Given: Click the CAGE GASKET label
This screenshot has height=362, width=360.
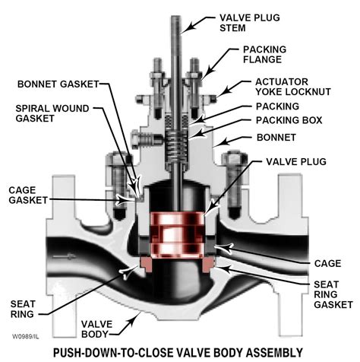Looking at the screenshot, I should coord(27,194).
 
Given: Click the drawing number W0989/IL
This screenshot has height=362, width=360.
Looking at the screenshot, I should coord(24,332).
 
